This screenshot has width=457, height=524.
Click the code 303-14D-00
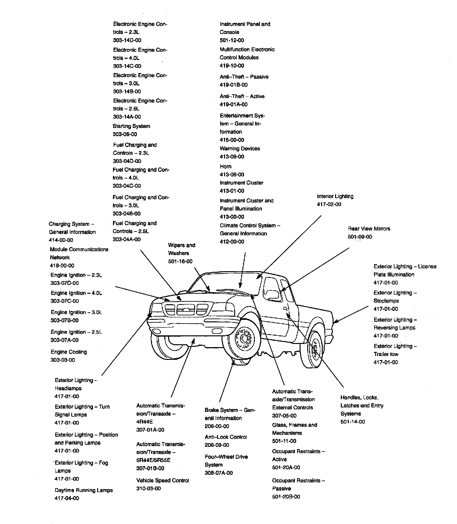[x=127, y=40]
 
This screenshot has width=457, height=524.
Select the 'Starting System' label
[x=131, y=126]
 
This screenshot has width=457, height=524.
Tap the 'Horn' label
[x=226, y=166]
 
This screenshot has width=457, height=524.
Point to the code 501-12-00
[x=232, y=40]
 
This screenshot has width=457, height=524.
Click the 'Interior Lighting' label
[x=335, y=196]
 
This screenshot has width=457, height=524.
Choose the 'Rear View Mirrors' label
[x=369, y=229]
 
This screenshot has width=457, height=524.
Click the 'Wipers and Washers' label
[x=182, y=249]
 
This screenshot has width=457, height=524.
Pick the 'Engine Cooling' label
[x=69, y=352]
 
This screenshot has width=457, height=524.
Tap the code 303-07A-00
[x=64, y=340]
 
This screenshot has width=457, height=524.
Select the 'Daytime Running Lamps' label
[x=84, y=490]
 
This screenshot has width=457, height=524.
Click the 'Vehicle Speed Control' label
[x=163, y=480]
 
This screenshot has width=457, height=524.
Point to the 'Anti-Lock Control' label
[x=226, y=437]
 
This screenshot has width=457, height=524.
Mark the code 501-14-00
[x=353, y=422]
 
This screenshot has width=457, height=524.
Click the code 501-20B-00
[x=286, y=497]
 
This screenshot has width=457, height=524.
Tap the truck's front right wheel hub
[x=244, y=339]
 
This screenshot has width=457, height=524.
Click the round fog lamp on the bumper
[x=156, y=332]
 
